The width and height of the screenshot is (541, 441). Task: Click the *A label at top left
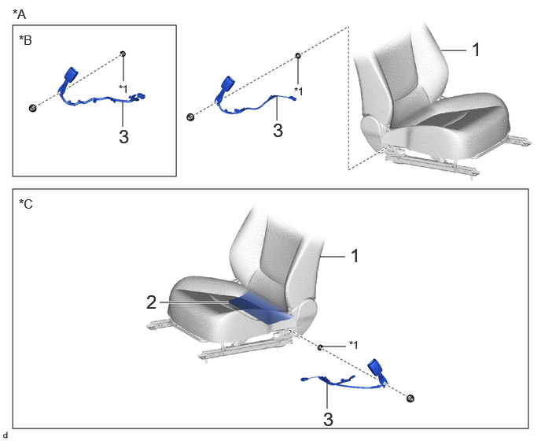pyautogui.click(x=20, y=14)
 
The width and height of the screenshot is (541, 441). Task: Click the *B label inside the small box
pyautogui.click(x=25, y=40)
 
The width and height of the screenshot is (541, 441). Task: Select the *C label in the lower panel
pyautogui.click(x=25, y=204)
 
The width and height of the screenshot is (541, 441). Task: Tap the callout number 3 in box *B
pyautogui.click(x=124, y=136)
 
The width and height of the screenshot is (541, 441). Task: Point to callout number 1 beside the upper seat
pyautogui.click(x=476, y=50)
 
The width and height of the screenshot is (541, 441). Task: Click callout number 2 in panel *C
pyautogui.click(x=152, y=302)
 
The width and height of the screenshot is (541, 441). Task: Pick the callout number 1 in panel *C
pyautogui.click(x=355, y=257)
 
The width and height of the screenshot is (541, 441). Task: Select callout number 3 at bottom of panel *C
pyautogui.click(x=328, y=419)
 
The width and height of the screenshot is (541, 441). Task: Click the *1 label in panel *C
pyautogui.click(x=354, y=345)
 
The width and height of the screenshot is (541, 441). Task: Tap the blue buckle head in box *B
pyautogui.click(x=71, y=74)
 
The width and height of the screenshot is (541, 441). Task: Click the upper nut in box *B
pyautogui.click(x=123, y=54)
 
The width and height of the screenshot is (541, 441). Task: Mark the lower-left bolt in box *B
pyautogui.click(x=32, y=108)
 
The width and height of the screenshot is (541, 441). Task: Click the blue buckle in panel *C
pyautogui.click(x=375, y=368)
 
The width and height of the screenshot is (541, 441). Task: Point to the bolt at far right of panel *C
pyautogui.click(x=410, y=398)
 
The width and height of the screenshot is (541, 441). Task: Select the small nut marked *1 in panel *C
pyautogui.click(x=320, y=347)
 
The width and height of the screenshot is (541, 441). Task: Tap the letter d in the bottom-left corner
pyautogui.click(x=5, y=435)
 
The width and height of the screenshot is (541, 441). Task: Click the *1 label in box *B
pyautogui.click(x=123, y=88)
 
